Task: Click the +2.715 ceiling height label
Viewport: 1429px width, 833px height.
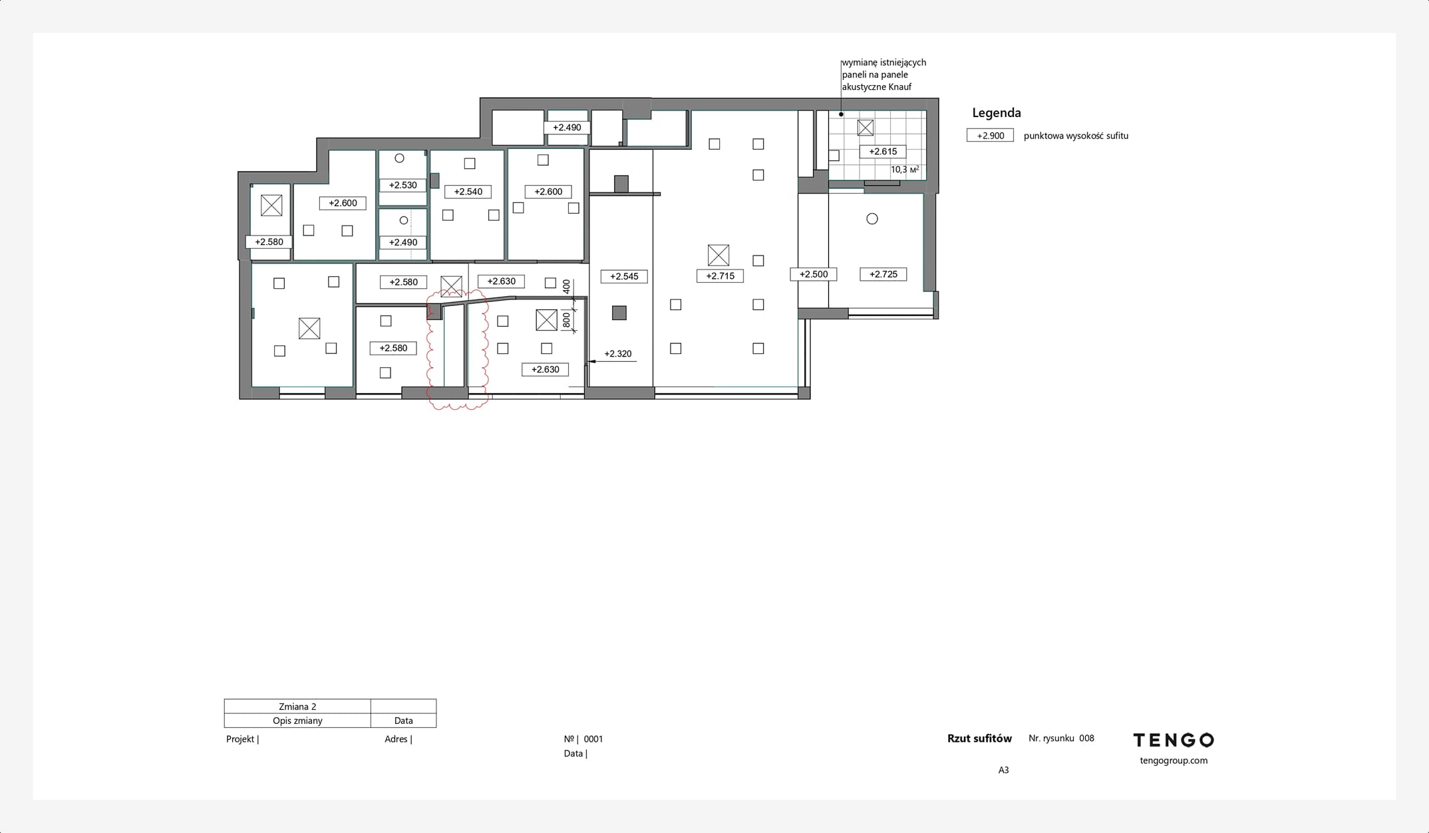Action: click(x=720, y=276)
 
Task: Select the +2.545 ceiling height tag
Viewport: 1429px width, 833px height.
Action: click(x=624, y=276)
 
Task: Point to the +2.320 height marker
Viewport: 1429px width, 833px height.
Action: click(x=617, y=354)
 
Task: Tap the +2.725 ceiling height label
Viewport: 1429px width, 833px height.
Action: click(x=883, y=274)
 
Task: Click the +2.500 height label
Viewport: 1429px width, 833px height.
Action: click(x=814, y=274)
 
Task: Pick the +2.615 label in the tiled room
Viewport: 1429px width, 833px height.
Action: click(x=883, y=152)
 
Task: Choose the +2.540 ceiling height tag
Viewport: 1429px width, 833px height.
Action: click(x=468, y=192)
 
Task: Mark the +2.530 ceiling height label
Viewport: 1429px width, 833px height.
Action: click(x=402, y=185)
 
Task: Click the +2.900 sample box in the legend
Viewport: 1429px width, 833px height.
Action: click(x=990, y=136)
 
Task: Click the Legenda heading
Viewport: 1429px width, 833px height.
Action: click(x=997, y=113)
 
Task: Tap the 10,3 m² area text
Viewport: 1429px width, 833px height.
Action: click(x=905, y=170)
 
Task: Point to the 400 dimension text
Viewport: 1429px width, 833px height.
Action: click(x=566, y=287)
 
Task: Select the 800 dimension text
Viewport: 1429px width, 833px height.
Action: click(x=566, y=320)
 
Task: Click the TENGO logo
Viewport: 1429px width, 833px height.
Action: click(x=1174, y=740)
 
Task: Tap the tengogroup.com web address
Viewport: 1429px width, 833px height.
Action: click(x=1174, y=760)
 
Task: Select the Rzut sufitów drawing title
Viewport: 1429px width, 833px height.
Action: click(x=979, y=739)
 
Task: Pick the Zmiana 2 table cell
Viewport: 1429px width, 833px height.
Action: click(x=297, y=707)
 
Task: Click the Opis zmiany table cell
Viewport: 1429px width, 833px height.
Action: click(x=297, y=721)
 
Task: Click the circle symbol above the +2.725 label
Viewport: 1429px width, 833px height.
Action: click(x=872, y=219)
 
